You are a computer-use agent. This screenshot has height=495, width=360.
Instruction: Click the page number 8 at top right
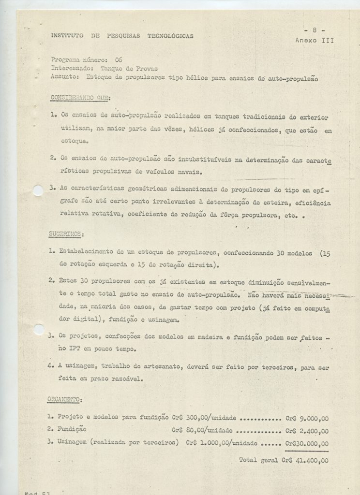click(x=315, y=30)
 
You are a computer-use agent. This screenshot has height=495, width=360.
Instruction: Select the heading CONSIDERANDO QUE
click(x=80, y=98)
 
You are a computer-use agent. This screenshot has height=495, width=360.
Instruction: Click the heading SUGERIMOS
click(x=66, y=234)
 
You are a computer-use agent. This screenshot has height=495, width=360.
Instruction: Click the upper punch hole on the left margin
click(x=38, y=190)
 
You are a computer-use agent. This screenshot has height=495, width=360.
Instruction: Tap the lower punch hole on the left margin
click(x=38, y=329)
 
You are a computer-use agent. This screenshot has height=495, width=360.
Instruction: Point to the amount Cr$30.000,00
click(x=307, y=443)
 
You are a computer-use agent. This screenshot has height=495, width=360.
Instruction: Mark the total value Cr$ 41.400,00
click(x=304, y=461)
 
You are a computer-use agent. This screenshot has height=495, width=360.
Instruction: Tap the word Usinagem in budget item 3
click(x=75, y=442)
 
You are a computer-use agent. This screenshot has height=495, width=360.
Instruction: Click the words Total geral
click(x=258, y=460)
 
